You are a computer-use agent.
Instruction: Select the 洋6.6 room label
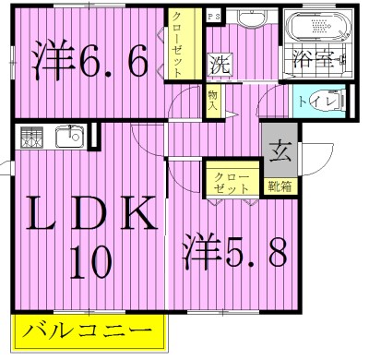click(90, 63)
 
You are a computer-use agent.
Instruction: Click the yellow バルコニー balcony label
click(89, 330)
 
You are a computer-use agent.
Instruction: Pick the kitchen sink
click(69, 138)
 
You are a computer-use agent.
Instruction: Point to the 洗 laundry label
click(219, 66)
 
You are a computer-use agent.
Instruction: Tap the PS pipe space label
click(212, 17)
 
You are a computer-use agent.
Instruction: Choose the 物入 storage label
click(213, 100)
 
